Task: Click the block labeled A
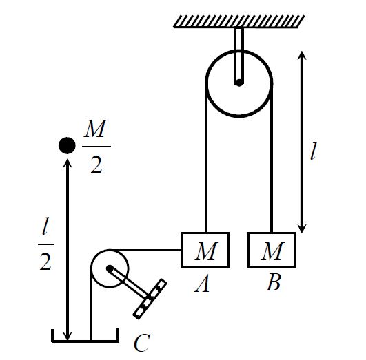click(205, 250)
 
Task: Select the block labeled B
click(272, 250)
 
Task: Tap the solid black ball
click(67, 145)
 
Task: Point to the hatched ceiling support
click(239, 21)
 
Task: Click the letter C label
click(142, 343)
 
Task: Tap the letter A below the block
click(202, 284)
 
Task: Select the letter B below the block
click(273, 282)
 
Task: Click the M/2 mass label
click(96, 147)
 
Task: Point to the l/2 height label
click(45, 244)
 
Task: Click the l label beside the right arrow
click(314, 151)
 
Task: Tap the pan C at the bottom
click(85, 341)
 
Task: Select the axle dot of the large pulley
click(238, 83)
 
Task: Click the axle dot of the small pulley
click(109, 268)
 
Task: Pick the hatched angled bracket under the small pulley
click(150, 299)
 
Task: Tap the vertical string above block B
click(272, 158)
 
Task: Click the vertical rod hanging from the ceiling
click(238, 56)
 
